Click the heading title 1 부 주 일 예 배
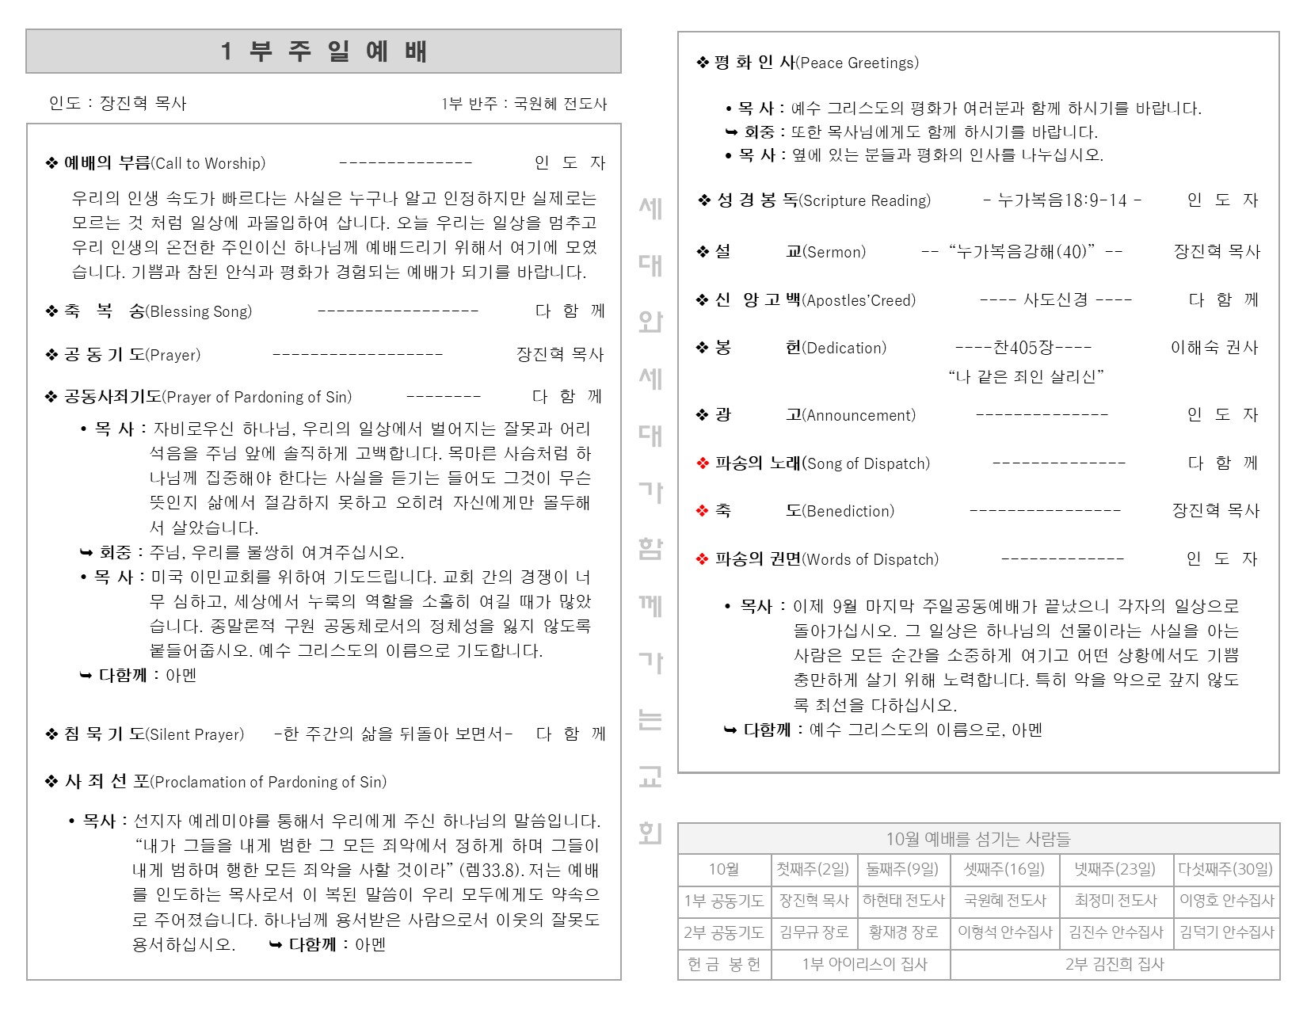[323, 51]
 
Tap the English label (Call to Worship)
[208, 163]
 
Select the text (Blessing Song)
[199, 311]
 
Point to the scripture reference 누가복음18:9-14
[1061, 200]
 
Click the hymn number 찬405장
[1023, 348]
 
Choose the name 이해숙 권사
[1214, 348]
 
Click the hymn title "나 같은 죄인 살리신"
[1026, 376]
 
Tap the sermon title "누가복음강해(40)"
[1022, 252]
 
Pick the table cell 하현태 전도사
[903, 901]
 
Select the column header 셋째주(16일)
[1004, 869]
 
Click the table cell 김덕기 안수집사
[1226, 932]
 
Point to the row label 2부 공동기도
[724, 932]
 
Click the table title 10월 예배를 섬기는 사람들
[977, 839]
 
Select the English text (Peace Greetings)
[857, 63]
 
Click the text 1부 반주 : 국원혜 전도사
[524, 104]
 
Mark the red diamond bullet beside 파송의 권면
[702, 559]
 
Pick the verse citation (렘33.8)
[491, 871]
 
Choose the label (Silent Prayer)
[195, 734]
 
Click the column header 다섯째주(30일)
[1225, 869]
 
